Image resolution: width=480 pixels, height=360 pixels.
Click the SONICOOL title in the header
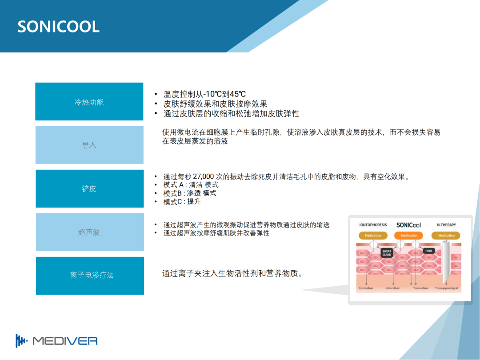tap(59, 27)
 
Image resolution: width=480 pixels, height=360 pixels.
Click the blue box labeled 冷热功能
tap(89, 101)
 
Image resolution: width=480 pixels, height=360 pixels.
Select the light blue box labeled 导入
tap(89, 145)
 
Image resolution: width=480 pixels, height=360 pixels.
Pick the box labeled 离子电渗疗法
tap(90, 276)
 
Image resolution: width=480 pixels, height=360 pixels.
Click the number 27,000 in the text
tap(203, 176)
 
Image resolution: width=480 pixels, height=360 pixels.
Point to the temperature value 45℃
tap(237, 94)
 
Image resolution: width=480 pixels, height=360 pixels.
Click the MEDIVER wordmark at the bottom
tap(65, 341)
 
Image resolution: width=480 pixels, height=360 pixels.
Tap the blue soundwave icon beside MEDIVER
tap(21, 341)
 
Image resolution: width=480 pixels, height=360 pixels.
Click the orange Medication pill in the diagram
tap(409, 236)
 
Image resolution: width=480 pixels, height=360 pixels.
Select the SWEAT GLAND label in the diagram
tap(387, 253)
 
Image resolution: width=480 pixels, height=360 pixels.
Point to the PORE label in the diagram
tap(428, 251)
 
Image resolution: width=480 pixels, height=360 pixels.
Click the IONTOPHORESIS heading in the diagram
tap(373, 225)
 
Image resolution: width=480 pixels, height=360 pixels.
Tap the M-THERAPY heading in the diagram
tap(446, 225)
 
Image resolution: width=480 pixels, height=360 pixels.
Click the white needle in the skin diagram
tap(445, 262)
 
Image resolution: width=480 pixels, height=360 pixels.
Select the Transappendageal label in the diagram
tap(446, 288)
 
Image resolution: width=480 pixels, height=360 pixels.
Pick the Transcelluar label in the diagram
tap(420, 288)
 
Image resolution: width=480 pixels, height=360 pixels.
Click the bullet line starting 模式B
tap(190, 193)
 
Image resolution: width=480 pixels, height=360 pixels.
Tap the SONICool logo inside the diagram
tap(408, 225)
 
